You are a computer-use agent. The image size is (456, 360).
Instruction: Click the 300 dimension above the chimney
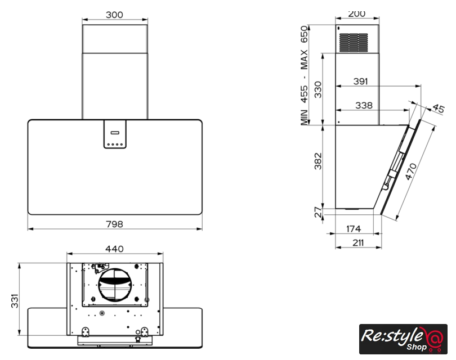[114, 15]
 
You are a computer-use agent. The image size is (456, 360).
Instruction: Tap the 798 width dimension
[114, 224]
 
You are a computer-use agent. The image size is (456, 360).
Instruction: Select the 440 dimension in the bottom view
[114, 249]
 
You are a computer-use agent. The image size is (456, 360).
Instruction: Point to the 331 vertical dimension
[15, 301]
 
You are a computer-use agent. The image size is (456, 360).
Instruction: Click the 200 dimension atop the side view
[356, 13]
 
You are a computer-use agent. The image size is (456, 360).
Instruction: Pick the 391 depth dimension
[361, 82]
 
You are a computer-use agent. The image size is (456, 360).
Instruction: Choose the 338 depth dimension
[364, 105]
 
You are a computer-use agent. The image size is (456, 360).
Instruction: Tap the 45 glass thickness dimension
[438, 109]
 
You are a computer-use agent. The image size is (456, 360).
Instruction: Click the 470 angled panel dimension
[411, 172]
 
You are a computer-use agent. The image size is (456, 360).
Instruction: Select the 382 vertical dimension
[318, 161]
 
